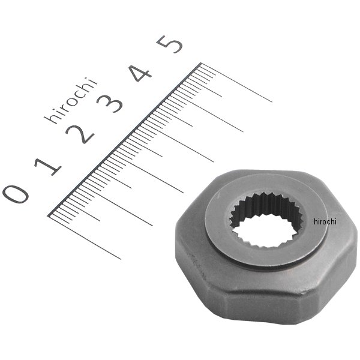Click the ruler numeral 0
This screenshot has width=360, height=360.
[16, 194]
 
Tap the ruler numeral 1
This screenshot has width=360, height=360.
[48, 166]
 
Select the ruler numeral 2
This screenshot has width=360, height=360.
[80, 134]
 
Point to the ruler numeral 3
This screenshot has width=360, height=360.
[110, 103]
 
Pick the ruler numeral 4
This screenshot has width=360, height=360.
[140, 73]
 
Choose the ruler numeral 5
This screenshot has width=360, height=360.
[169, 44]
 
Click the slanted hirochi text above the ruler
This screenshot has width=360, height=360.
[71, 100]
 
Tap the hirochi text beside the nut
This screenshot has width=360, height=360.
[325, 222]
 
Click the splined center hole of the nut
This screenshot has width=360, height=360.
[266, 220]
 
